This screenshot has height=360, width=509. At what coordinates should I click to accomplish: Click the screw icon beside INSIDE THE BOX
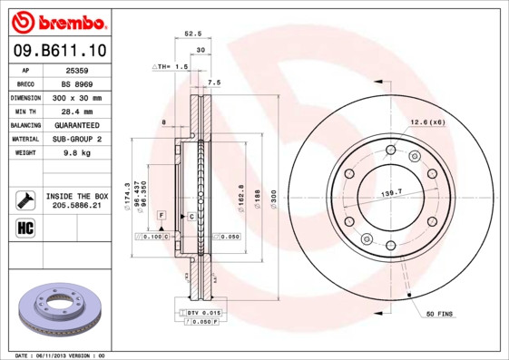(x=25, y=199)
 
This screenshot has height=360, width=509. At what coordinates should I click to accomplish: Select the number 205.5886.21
(x=76, y=206)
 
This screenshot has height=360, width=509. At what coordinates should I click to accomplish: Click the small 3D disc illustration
(x=60, y=308)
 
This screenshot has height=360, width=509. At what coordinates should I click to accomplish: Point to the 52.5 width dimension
(x=191, y=34)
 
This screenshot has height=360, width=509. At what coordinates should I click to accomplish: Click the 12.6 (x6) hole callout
(x=426, y=122)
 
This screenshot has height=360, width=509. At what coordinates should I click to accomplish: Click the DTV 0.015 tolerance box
(x=206, y=313)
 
